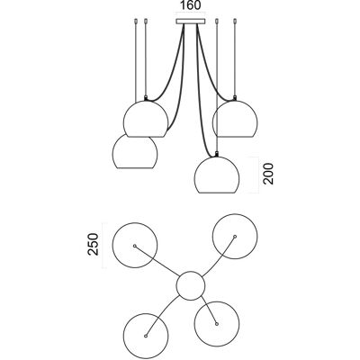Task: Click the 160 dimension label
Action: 190,5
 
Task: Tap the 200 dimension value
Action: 269,174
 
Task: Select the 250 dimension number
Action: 93,244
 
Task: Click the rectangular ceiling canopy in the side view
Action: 190,22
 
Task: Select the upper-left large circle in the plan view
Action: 112,246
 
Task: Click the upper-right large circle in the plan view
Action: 212,237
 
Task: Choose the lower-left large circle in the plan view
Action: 124,336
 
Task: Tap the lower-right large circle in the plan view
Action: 194,324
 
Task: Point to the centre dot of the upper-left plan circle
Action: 135,246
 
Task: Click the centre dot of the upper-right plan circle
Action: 235,237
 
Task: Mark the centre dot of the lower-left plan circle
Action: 146,336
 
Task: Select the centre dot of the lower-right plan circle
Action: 217,324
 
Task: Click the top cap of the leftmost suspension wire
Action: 135,22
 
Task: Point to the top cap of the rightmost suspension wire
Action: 235,22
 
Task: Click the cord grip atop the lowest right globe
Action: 217,155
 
